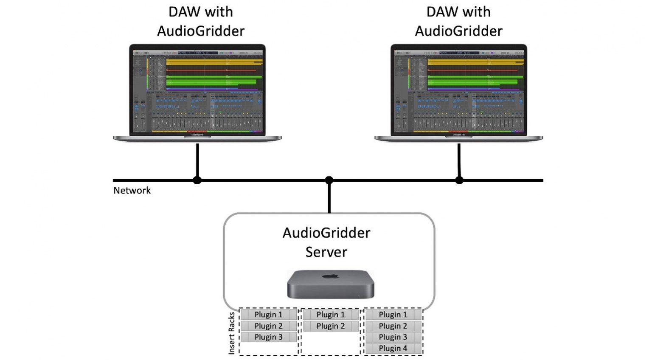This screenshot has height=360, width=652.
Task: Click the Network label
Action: [x=132, y=191]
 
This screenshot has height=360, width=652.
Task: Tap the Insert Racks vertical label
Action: [x=232, y=333]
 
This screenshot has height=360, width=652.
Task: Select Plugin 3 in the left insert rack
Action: [x=268, y=337]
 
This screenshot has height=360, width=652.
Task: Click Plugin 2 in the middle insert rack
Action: [x=331, y=326]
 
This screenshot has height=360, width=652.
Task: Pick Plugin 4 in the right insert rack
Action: [x=393, y=349]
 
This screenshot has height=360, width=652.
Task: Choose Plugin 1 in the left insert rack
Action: [x=268, y=315]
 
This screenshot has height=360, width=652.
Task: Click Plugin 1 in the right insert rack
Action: [x=393, y=315]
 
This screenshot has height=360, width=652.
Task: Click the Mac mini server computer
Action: [x=331, y=285]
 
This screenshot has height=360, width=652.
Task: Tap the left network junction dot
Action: [x=197, y=180]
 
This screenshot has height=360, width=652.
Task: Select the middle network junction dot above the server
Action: [x=329, y=180]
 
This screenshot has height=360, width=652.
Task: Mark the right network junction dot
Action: [x=459, y=180]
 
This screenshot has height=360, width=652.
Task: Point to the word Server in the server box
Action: [x=326, y=252]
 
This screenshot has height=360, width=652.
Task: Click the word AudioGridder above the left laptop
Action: [x=201, y=31]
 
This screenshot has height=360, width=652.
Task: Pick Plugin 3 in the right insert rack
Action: [x=393, y=337]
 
